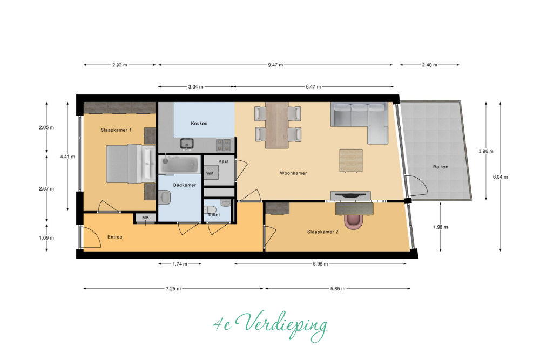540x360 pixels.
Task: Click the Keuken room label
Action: point(199,123)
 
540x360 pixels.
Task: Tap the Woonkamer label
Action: point(293,173)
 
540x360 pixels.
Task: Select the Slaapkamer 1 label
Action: point(116,130)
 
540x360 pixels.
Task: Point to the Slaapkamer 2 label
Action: point(323,232)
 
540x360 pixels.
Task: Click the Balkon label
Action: point(441,167)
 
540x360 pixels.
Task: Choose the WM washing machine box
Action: point(210,173)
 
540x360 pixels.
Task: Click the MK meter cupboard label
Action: point(146,218)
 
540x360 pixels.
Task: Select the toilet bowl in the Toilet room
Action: point(210,209)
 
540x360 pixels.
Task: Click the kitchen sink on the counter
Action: point(187,143)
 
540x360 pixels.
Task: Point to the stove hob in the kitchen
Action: point(223,145)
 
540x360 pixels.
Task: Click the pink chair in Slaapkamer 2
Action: point(353,221)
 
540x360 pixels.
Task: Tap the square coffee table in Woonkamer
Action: point(351,160)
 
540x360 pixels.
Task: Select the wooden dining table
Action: point(277,125)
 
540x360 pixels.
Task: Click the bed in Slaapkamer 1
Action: point(131,164)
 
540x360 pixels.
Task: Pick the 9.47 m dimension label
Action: point(275,65)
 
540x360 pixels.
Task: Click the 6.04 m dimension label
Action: point(500,177)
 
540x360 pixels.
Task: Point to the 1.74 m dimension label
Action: point(180,264)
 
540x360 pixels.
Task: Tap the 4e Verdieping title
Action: point(270,325)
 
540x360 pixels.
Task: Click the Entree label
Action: point(114,237)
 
